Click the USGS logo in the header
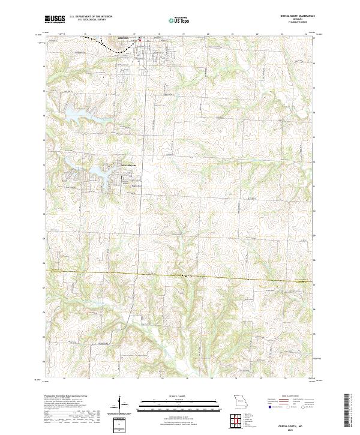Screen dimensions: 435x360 point(55,20)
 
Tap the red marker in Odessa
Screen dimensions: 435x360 point(140,41)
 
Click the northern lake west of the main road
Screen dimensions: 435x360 point(76,112)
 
